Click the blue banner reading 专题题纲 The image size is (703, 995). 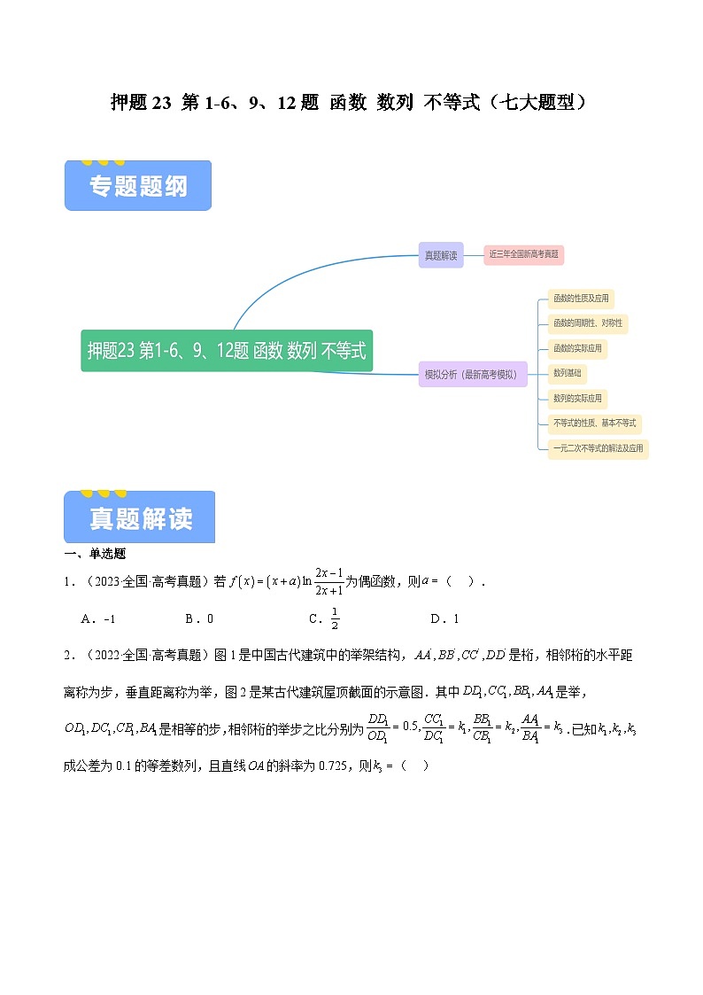(x=138, y=186)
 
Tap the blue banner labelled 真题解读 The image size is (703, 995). (x=140, y=517)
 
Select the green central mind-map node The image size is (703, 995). (x=227, y=351)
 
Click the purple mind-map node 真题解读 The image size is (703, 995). (x=441, y=255)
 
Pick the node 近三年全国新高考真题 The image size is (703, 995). (x=523, y=255)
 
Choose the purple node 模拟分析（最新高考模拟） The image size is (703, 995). (x=473, y=375)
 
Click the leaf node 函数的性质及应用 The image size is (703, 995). (x=581, y=299)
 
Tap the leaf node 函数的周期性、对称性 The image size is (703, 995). (x=588, y=323)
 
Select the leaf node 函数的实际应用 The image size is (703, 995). (x=577, y=348)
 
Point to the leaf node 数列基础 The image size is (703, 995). (x=567, y=373)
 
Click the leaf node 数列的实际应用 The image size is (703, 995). (x=577, y=398)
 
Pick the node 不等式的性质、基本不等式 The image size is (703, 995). (x=594, y=423)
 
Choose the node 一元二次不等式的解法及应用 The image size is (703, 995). (x=598, y=448)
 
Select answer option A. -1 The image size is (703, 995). (x=98, y=619)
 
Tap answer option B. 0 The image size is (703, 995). (x=199, y=619)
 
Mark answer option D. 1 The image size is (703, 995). (x=444, y=619)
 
